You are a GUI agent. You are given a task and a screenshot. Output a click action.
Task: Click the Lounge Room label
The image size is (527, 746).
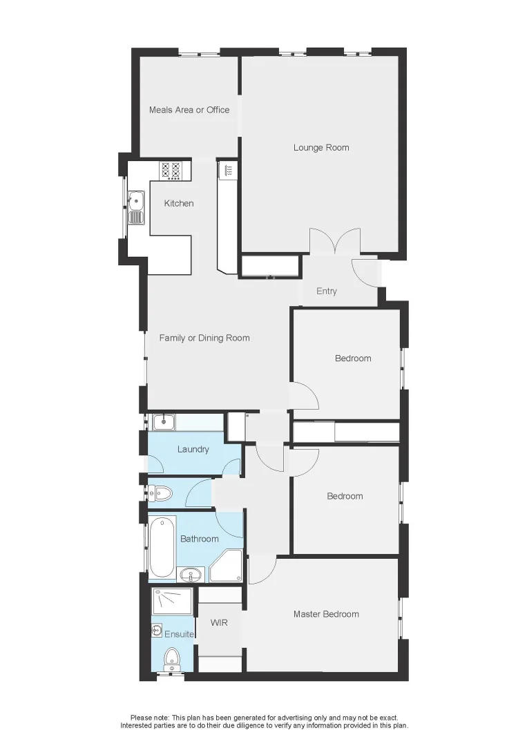(321, 147)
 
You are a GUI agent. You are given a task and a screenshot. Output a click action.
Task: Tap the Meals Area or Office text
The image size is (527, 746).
(189, 110)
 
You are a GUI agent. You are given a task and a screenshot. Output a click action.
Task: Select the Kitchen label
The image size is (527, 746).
(178, 203)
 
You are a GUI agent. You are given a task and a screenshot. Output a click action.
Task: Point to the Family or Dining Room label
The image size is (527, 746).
(204, 338)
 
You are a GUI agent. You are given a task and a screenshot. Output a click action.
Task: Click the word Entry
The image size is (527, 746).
(327, 291)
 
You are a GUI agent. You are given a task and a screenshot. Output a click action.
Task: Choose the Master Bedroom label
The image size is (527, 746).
(326, 614)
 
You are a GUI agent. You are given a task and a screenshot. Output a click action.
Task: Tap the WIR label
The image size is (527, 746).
(219, 622)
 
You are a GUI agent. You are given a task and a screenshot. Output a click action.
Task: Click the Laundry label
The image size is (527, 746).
(193, 449)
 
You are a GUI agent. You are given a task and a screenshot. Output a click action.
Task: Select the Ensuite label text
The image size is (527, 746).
(179, 633)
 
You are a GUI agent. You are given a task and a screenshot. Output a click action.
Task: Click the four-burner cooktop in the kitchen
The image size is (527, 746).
(171, 170)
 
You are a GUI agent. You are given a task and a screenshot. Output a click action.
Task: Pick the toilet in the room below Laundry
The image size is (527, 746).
(161, 492)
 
